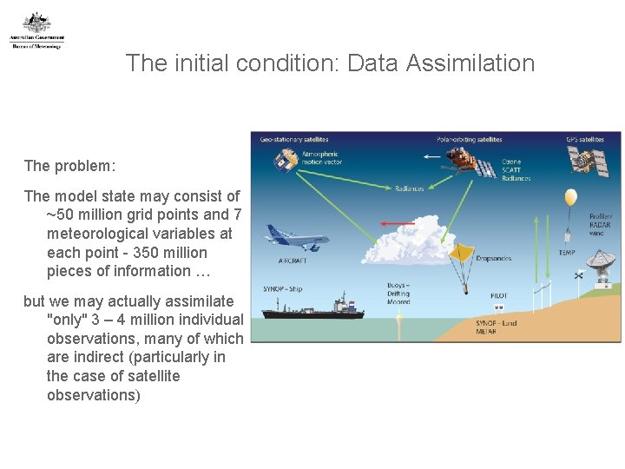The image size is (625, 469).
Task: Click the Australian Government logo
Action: pos(36,30)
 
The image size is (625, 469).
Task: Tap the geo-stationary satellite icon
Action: pos(285,161)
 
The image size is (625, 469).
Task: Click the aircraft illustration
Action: pos(296,237)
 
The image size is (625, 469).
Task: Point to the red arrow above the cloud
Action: pos(398,224)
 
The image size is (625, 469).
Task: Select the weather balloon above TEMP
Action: pos(570,198)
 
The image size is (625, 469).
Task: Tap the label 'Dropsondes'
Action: pos(495,258)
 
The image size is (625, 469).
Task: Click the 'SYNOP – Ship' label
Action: pos(283,289)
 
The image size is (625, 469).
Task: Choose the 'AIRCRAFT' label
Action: pos(292,260)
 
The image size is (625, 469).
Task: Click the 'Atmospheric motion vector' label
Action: pos(321,157)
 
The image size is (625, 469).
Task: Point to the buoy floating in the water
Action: pos(398,320)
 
